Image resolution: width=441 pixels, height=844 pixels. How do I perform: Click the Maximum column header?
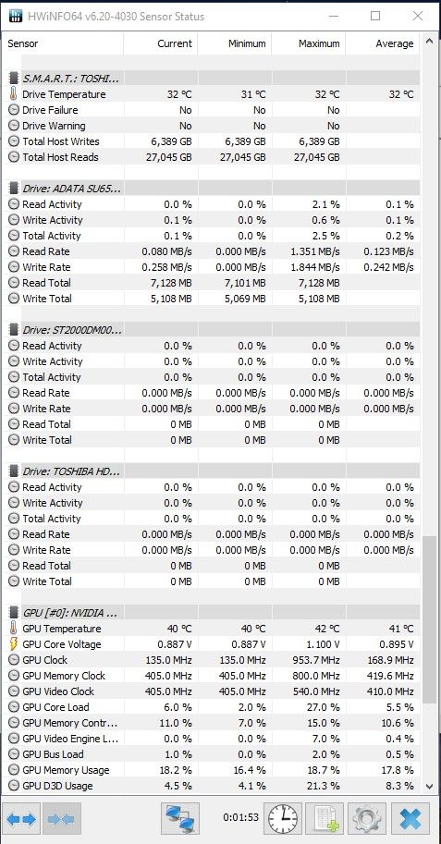click(x=319, y=43)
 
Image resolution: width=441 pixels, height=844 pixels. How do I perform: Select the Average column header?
click(x=395, y=43)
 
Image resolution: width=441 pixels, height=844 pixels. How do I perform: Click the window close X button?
click(x=417, y=16)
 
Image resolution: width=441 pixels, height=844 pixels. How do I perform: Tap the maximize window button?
click(x=375, y=16)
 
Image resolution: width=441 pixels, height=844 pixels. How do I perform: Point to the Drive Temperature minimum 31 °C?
click(x=253, y=94)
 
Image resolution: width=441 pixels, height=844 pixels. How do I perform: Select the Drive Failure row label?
click(x=50, y=110)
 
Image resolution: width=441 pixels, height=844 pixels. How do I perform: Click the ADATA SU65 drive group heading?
click(x=71, y=189)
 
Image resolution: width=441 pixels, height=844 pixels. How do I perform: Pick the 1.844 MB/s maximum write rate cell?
click(x=313, y=267)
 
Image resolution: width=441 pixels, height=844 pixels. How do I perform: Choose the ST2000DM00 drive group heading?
click(x=71, y=330)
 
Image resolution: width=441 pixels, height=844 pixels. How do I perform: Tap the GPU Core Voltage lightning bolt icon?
click(x=14, y=644)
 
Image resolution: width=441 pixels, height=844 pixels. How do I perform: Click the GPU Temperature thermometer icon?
click(x=14, y=629)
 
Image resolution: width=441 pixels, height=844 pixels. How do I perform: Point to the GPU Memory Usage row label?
click(x=66, y=770)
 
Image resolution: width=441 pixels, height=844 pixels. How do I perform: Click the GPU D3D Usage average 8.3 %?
click(x=400, y=786)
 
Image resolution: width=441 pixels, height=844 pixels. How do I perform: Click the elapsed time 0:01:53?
click(x=240, y=817)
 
